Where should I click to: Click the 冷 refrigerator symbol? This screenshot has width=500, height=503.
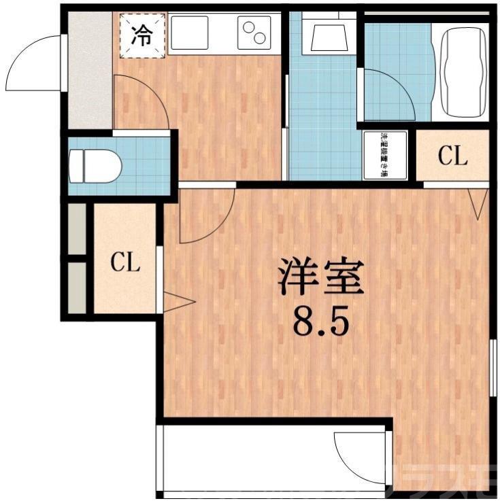click(x=141, y=36)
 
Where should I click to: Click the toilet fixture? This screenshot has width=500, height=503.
click(x=95, y=164)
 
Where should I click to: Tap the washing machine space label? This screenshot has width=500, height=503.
click(x=384, y=154)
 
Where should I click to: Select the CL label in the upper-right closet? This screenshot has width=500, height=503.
click(x=452, y=156)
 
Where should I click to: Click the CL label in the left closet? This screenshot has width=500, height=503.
click(x=126, y=262)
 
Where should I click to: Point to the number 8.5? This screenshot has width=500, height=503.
click(x=320, y=322)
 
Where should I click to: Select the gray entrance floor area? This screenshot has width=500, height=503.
click(x=89, y=68)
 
